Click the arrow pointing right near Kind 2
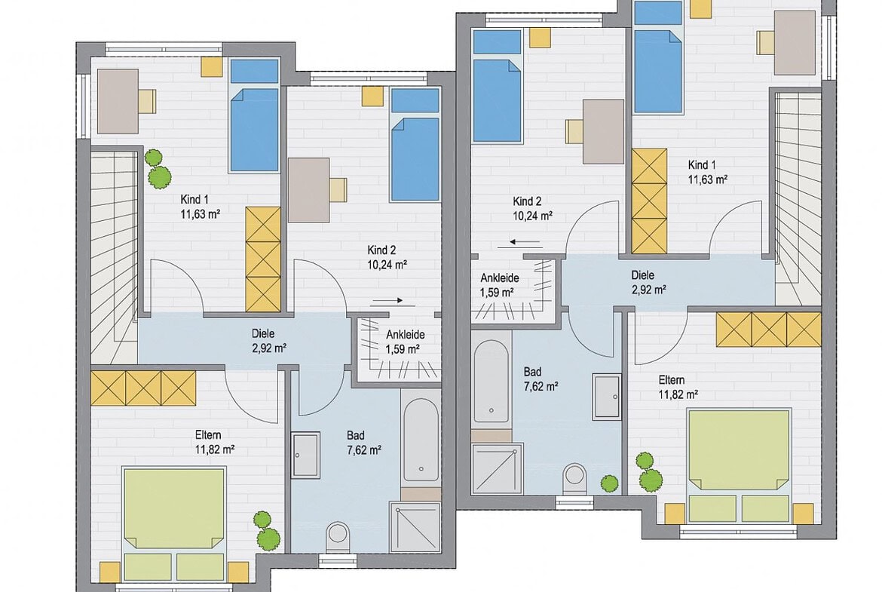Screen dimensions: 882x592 tap(387, 300)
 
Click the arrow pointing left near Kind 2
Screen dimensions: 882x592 tap(526, 243)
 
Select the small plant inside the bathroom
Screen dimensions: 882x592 tap(609, 483)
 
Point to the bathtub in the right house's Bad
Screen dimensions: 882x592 tap(491, 382)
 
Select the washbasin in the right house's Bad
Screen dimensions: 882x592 tap(607, 396)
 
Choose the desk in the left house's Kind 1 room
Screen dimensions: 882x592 tap(118, 101)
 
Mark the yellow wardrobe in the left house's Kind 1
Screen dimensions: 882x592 tap(263, 259)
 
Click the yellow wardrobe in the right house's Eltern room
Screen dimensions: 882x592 tap(769, 330)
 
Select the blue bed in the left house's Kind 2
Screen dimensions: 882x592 tap(415, 145)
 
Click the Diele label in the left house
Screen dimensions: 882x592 tap(263, 333)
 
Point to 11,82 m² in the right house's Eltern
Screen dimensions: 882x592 tap(678, 394)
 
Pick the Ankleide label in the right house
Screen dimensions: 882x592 tap(500, 278)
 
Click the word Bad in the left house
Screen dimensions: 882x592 tap(356, 435)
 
